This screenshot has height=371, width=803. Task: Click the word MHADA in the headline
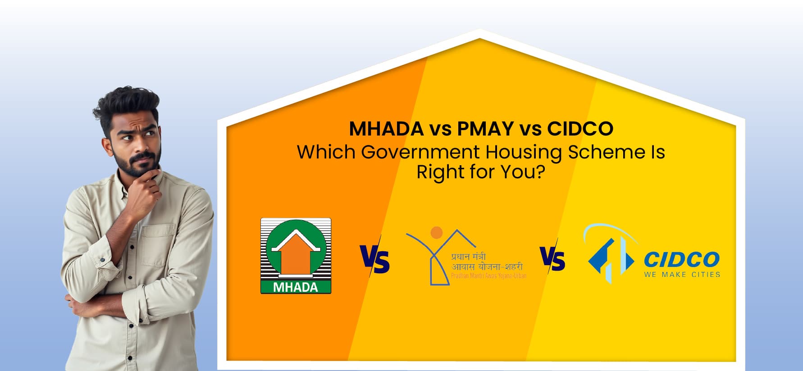point(386,129)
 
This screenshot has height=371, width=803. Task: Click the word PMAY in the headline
point(485,129)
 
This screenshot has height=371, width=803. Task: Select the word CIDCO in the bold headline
point(580,129)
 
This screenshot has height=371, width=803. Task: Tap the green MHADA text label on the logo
point(296,287)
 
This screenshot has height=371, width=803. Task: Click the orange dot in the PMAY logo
point(436,233)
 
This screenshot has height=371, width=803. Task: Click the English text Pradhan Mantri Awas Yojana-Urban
point(488,276)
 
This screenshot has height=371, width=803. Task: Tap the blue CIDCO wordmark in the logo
point(681,260)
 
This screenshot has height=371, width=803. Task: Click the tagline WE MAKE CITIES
point(682,274)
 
